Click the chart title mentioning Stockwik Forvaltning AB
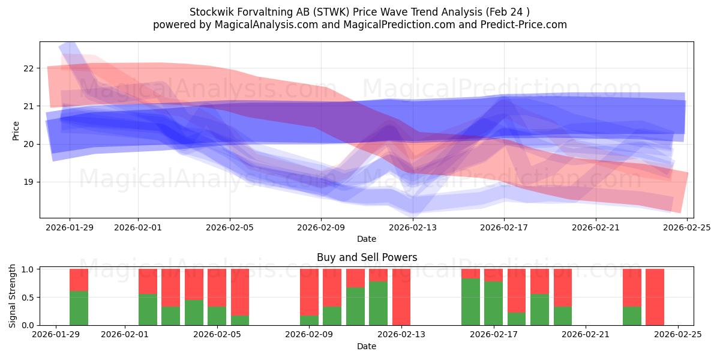click(x=359, y=12)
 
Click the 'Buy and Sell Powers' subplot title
click(x=367, y=257)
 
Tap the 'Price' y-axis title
click(x=16, y=130)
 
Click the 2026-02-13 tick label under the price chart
click(x=413, y=227)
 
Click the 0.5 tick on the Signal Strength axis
click(x=27, y=297)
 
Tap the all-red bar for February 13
click(x=401, y=297)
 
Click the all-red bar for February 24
click(x=655, y=297)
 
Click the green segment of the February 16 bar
click(x=470, y=302)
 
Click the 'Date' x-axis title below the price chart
click(x=367, y=239)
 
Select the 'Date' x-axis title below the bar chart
click(x=367, y=346)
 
